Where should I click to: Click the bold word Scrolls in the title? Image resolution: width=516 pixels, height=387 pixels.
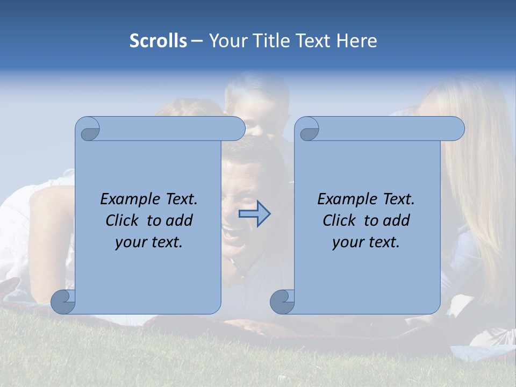(158, 41)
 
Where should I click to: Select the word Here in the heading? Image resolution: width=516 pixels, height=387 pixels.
(357, 41)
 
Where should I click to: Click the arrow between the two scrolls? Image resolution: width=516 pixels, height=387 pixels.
(254, 214)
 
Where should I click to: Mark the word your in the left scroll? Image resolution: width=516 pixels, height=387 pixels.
(131, 242)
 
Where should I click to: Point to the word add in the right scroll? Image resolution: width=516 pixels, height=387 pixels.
(397, 220)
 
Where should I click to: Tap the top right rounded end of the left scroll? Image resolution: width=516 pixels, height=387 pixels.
(236, 128)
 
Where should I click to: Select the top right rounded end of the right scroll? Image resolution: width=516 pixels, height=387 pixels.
(456, 128)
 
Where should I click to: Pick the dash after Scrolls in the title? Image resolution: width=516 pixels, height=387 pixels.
(197, 41)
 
